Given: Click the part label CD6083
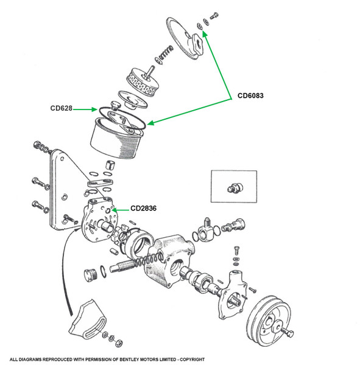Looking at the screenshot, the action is pyautogui.click(x=250, y=96).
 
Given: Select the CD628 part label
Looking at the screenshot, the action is pyautogui.click(x=62, y=108).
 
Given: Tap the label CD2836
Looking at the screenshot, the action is pyautogui.click(x=143, y=208).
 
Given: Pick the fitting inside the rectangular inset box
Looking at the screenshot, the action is pyautogui.click(x=235, y=187).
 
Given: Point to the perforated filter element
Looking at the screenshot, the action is pyautogui.click(x=143, y=82).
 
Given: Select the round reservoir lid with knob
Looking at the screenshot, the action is pyautogui.click(x=185, y=38).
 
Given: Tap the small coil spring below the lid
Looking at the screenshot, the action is pyautogui.click(x=164, y=55).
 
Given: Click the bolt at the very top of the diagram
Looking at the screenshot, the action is pyautogui.click(x=214, y=16).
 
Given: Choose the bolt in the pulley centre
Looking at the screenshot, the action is pyautogui.click(x=287, y=332).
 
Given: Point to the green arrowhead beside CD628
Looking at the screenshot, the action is pyautogui.click(x=94, y=109).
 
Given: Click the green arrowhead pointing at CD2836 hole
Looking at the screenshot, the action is pyautogui.click(x=115, y=210).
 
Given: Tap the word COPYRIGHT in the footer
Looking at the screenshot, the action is pyautogui.click(x=192, y=360).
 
